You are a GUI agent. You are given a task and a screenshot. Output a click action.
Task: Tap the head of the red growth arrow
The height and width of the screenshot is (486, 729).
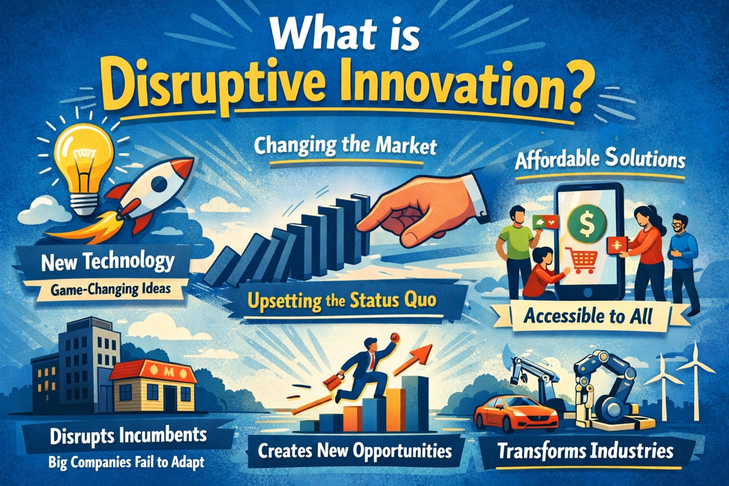coord(426,351)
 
